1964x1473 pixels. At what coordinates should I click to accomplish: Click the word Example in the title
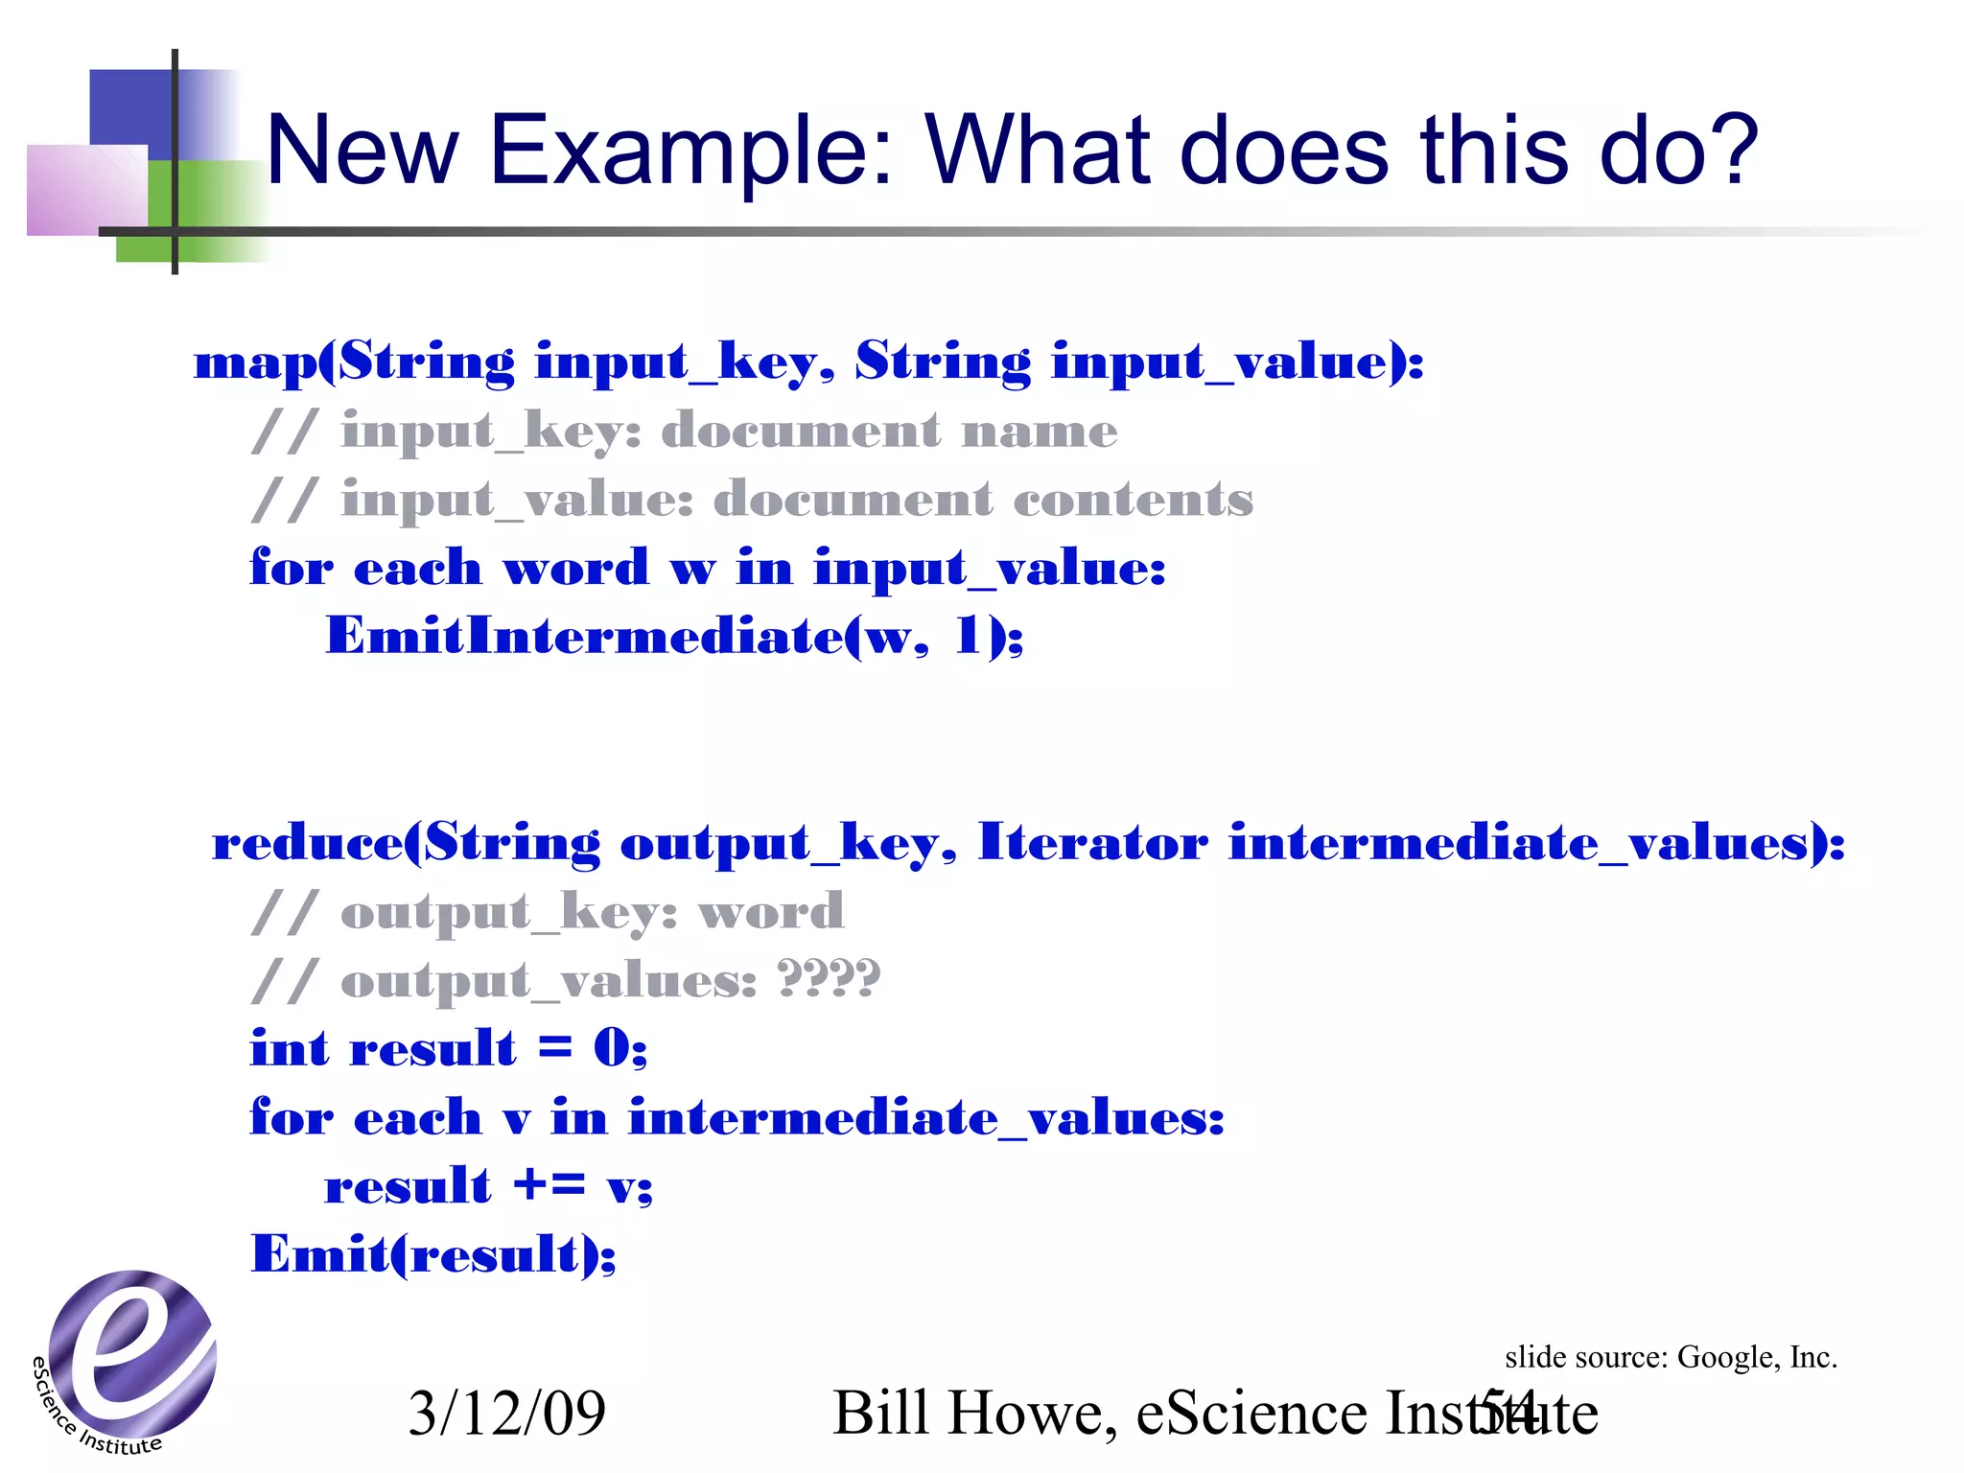tap(691, 152)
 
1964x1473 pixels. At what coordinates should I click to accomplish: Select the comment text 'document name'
tap(889, 431)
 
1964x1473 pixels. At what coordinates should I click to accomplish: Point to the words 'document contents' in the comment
tap(983, 500)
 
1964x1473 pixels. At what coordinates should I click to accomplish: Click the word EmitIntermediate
tap(584, 636)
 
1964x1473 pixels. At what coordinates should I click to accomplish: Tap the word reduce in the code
tap(307, 844)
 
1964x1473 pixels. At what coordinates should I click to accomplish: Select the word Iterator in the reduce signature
tap(1092, 843)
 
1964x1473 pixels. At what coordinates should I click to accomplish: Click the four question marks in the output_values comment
tap(829, 979)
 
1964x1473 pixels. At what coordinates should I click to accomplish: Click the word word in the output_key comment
tap(771, 911)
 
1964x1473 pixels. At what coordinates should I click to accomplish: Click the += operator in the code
tap(549, 1185)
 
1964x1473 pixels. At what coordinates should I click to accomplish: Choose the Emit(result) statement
tap(433, 1254)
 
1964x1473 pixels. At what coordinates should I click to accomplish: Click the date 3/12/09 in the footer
tap(506, 1413)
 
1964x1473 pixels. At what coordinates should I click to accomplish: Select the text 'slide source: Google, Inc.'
tap(1671, 1357)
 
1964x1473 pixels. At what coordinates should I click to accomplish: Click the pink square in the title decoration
tap(86, 190)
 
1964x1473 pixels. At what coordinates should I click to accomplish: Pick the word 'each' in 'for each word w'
tap(417, 569)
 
